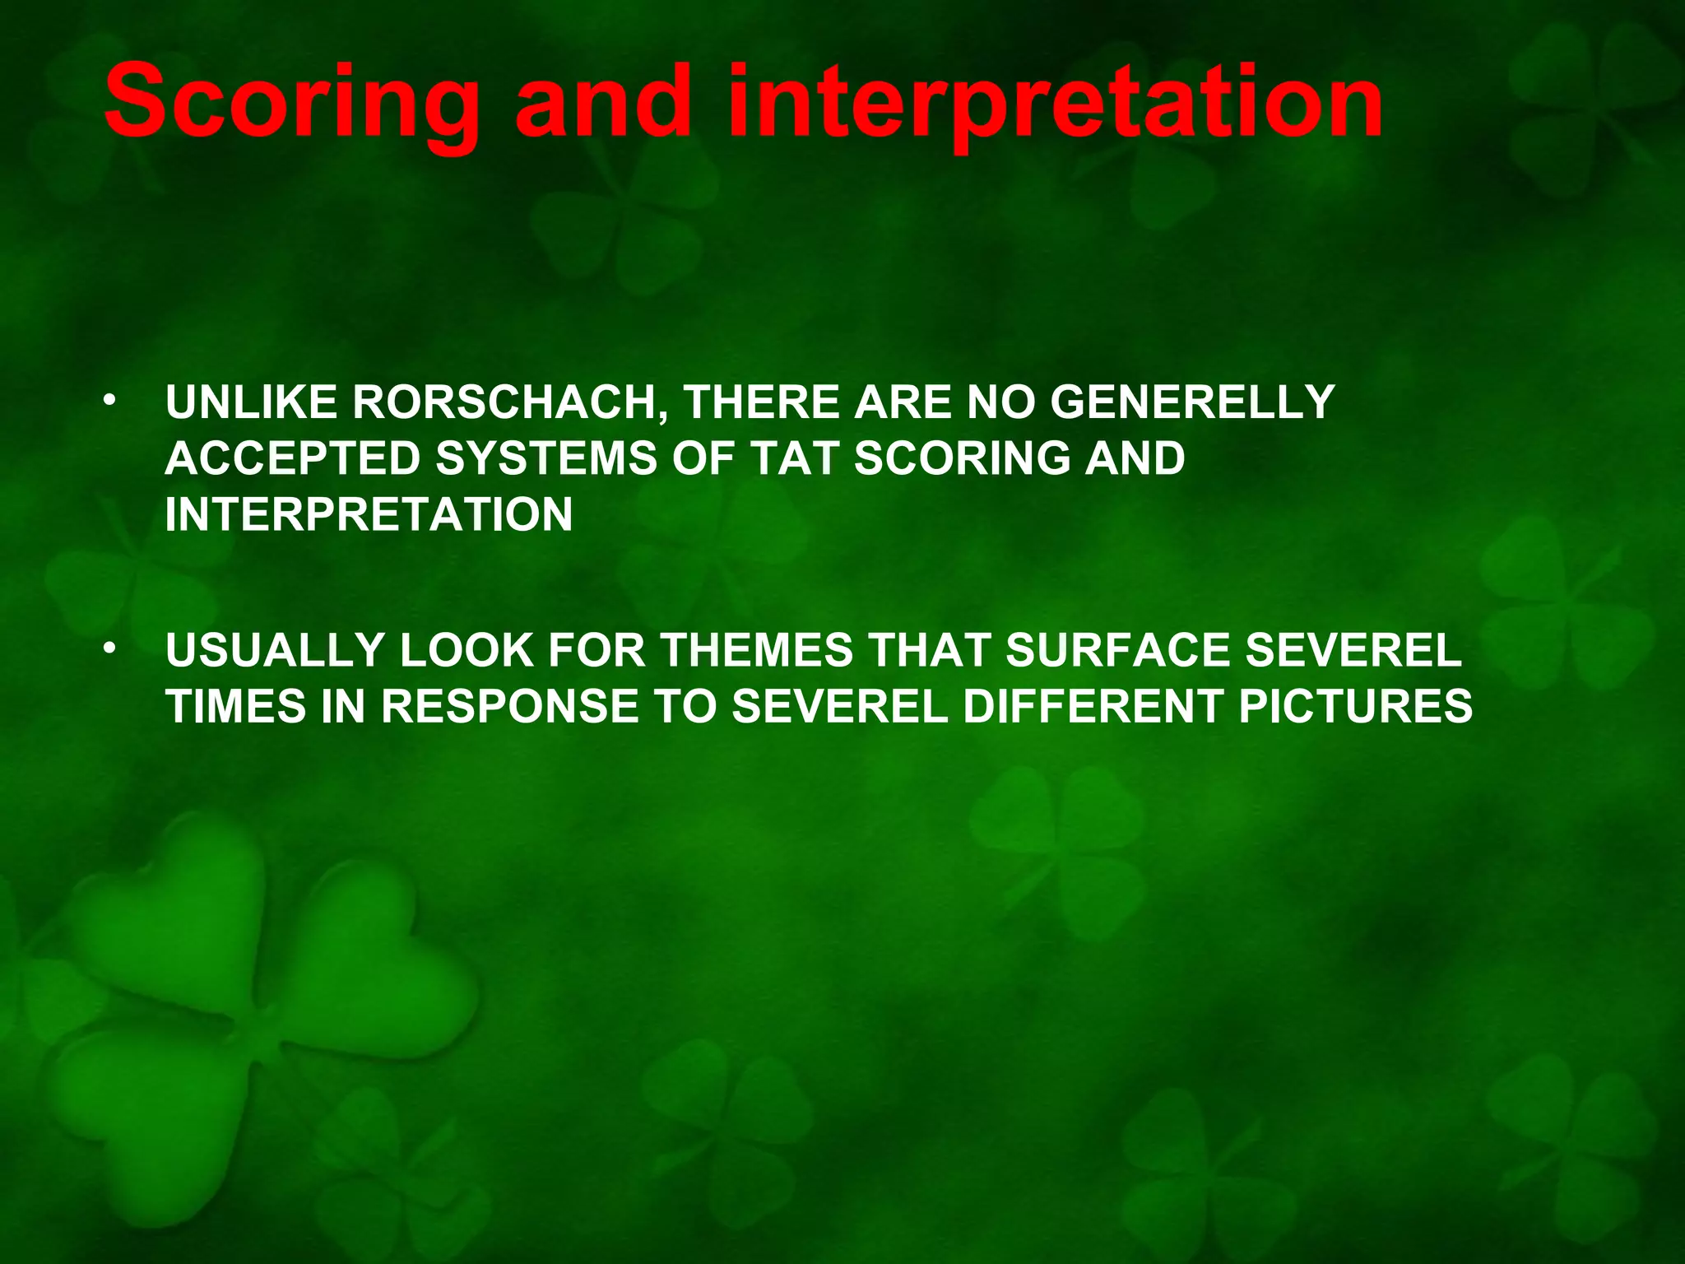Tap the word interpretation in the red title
[x=1055, y=105]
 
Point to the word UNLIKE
[x=252, y=403]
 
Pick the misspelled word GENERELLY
[x=1192, y=403]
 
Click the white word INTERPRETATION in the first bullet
[x=369, y=514]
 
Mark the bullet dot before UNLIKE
[x=109, y=402]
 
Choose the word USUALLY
[x=275, y=650]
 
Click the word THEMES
[x=757, y=650]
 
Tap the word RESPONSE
[x=509, y=706]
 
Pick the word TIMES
[x=236, y=706]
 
